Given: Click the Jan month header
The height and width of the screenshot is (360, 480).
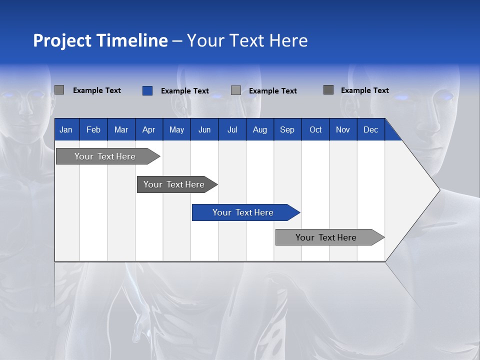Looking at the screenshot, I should pyautogui.click(x=66, y=130).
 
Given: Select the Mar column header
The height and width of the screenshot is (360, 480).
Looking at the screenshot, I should pyautogui.click(x=121, y=130).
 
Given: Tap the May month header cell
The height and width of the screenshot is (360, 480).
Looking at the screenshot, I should pyautogui.click(x=176, y=130).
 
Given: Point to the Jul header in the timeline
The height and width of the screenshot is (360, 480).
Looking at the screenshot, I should pyautogui.click(x=232, y=130).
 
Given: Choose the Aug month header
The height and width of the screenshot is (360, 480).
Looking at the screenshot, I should pyautogui.click(x=259, y=130).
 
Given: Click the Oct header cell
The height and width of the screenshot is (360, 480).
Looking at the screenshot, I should pyautogui.click(x=315, y=130).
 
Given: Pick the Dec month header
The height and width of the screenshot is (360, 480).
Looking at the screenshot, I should pyautogui.click(x=370, y=130).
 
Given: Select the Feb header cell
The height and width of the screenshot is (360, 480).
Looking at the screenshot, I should pyautogui.click(x=93, y=130).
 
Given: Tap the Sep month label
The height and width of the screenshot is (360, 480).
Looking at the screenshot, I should pyautogui.click(x=287, y=130).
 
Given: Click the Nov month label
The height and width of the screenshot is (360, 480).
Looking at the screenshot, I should pyautogui.click(x=343, y=130).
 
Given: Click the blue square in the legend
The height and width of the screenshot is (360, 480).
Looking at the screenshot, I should pyautogui.click(x=147, y=90).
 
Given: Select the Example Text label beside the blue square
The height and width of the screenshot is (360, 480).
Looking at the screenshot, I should pyautogui.click(x=184, y=91).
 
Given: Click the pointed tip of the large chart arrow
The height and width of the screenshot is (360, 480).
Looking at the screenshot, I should pyautogui.click(x=438, y=190).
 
